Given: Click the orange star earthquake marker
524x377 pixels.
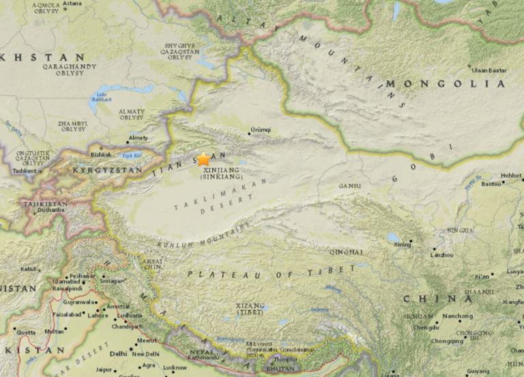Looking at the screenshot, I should [x=203, y=159].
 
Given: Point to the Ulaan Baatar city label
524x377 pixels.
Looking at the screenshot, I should [x=489, y=70].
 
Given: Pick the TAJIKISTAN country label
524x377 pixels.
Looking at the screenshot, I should [x=44, y=204].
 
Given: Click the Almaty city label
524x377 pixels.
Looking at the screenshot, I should [x=138, y=138].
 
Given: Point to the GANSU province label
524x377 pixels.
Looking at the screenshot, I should [x=349, y=186].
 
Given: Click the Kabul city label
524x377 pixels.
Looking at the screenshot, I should [x=28, y=269].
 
